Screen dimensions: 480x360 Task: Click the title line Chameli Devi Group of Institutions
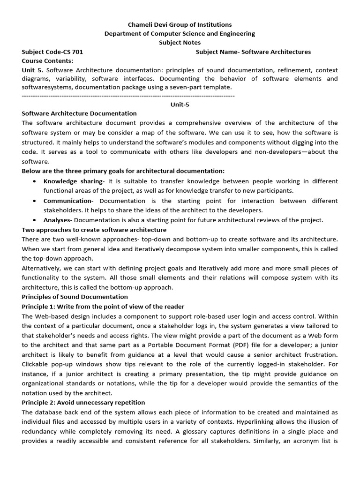[180, 24]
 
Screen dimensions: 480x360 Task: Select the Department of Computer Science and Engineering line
[180, 33]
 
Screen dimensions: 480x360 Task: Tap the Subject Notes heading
[180, 43]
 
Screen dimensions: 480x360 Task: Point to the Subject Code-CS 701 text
[52, 52]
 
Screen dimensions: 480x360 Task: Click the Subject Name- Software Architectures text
[253, 52]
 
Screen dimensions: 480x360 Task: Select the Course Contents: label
[47, 61]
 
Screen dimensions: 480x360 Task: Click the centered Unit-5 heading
[180, 105]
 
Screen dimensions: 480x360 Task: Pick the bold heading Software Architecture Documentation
[79, 113]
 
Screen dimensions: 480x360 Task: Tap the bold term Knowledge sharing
[73, 181]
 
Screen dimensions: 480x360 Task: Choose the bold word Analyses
[57, 220]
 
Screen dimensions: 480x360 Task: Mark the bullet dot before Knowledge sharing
[35, 181]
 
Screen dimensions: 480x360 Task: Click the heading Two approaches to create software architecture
[94, 230]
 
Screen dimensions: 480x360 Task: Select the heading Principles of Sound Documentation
[75, 297]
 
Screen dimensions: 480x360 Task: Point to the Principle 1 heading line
[103, 307]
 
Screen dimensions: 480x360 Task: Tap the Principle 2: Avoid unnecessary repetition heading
[83, 402]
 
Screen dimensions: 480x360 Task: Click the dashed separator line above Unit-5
[128, 95]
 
